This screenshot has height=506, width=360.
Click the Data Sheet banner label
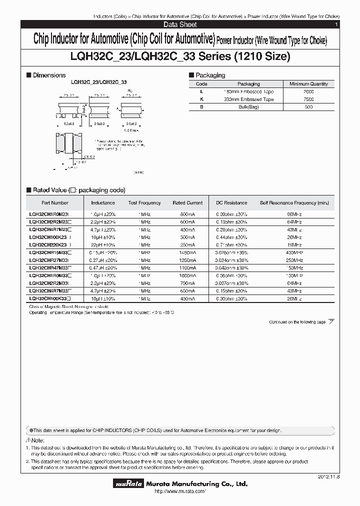pyautogui.click(x=180, y=24)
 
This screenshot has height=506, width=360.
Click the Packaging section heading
pyautogui.click(x=209, y=75)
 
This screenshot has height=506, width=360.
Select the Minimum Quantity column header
pyautogui.click(x=311, y=84)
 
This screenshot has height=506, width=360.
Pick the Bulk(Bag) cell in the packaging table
pyautogui.click(x=248, y=107)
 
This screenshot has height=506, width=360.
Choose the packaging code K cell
pyautogui.click(x=201, y=99)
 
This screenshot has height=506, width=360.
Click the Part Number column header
pyautogui.click(x=54, y=203)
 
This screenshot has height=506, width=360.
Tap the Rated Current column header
pyautogui.click(x=187, y=203)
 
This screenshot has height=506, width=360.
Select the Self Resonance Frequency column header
pyautogui.click(x=294, y=203)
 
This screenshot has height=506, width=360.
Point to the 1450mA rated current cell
pyautogui.click(x=187, y=252)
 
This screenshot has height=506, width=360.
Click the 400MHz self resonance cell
pyautogui.click(x=294, y=252)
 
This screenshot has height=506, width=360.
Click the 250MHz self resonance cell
pyautogui.click(x=294, y=260)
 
